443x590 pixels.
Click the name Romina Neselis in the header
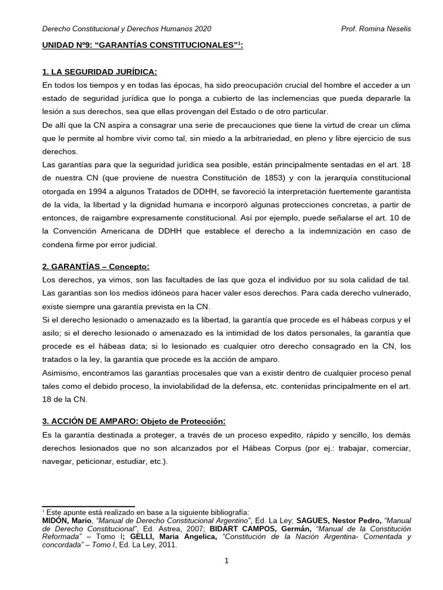386,28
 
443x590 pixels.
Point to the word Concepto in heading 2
132,266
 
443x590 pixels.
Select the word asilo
52,333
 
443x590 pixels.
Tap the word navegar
58,461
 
